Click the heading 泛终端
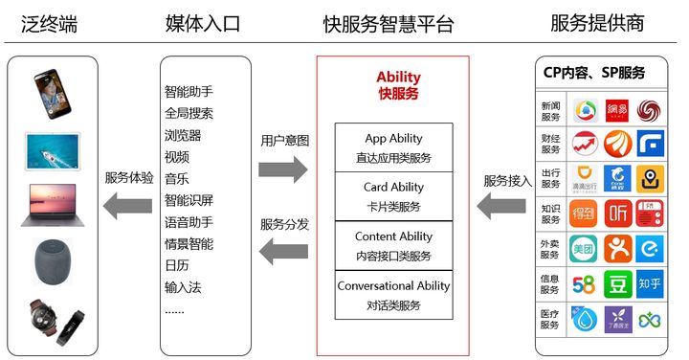tap(49, 24)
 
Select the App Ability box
tap(393, 147)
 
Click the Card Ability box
tap(393, 196)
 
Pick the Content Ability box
tap(393, 246)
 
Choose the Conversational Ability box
tap(393, 295)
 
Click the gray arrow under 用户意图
tap(283, 169)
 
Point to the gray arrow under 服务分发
tap(283, 253)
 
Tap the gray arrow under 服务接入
tap(500, 205)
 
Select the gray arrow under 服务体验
tap(127, 205)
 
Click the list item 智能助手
tap(189, 93)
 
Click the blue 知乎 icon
tap(651, 283)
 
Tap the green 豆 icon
tap(617, 283)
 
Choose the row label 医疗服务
tap(550, 319)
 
